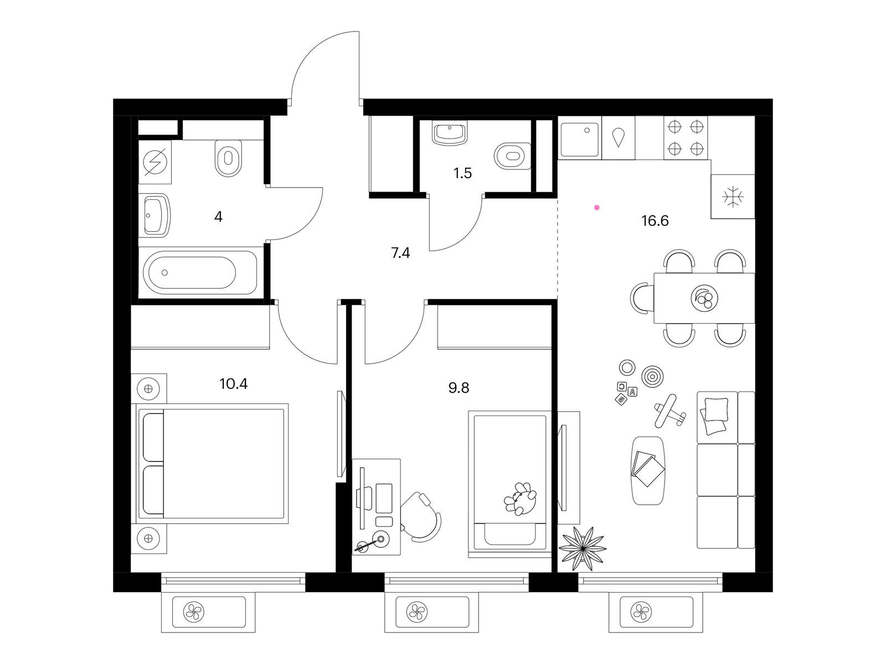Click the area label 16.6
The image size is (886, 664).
pyautogui.click(x=655, y=221)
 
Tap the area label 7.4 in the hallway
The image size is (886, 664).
pyautogui.click(x=400, y=253)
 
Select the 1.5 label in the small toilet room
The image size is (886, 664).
pyautogui.click(x=462, y=173)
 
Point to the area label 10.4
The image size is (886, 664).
pyautogui.click(x=233, y=383)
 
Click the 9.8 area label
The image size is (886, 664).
pyautogui.click(x=459, y=388)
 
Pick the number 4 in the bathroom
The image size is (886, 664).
pyautogui.click(x=218, y=217)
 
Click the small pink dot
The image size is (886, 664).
pyautogui.click(x=596, y=207)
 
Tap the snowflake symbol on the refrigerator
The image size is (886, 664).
pyautogui.click(x=733, y=197)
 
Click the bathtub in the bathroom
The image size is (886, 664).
pyautogui.click(x=200, y=273)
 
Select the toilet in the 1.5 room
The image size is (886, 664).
pyautogui.click(x=512, y=156)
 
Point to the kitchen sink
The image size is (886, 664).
pyautogui.click(x=580, y=139)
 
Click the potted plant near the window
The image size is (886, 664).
pyautogui.click(x=581, y=548)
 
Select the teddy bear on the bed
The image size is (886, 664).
pyautogui.click(x=521, y=499)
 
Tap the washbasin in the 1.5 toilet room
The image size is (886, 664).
pyautogui.click(x=450, y=134)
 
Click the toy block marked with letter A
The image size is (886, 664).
pyautogui.click(x=632, y=391)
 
